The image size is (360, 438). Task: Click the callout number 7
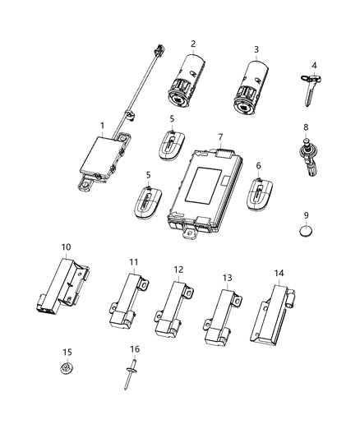coord(219,136)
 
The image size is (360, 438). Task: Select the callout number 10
coord(67,247)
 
